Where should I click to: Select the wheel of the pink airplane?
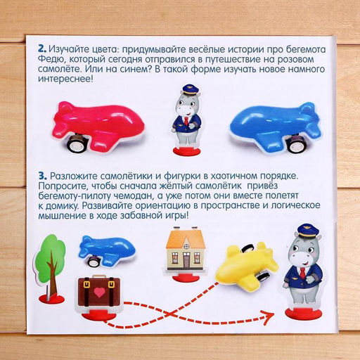pos(77,143)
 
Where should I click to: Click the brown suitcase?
pos(99,292)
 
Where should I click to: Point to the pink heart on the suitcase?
pos(99,292)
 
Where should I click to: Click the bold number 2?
pos(42,49)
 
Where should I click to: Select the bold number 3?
pos(42,176)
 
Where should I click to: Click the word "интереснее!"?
pos(65,79)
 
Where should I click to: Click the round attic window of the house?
pos(186,247)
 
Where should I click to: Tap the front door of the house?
pos(186,262)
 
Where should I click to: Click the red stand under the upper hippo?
pos(187,150)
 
